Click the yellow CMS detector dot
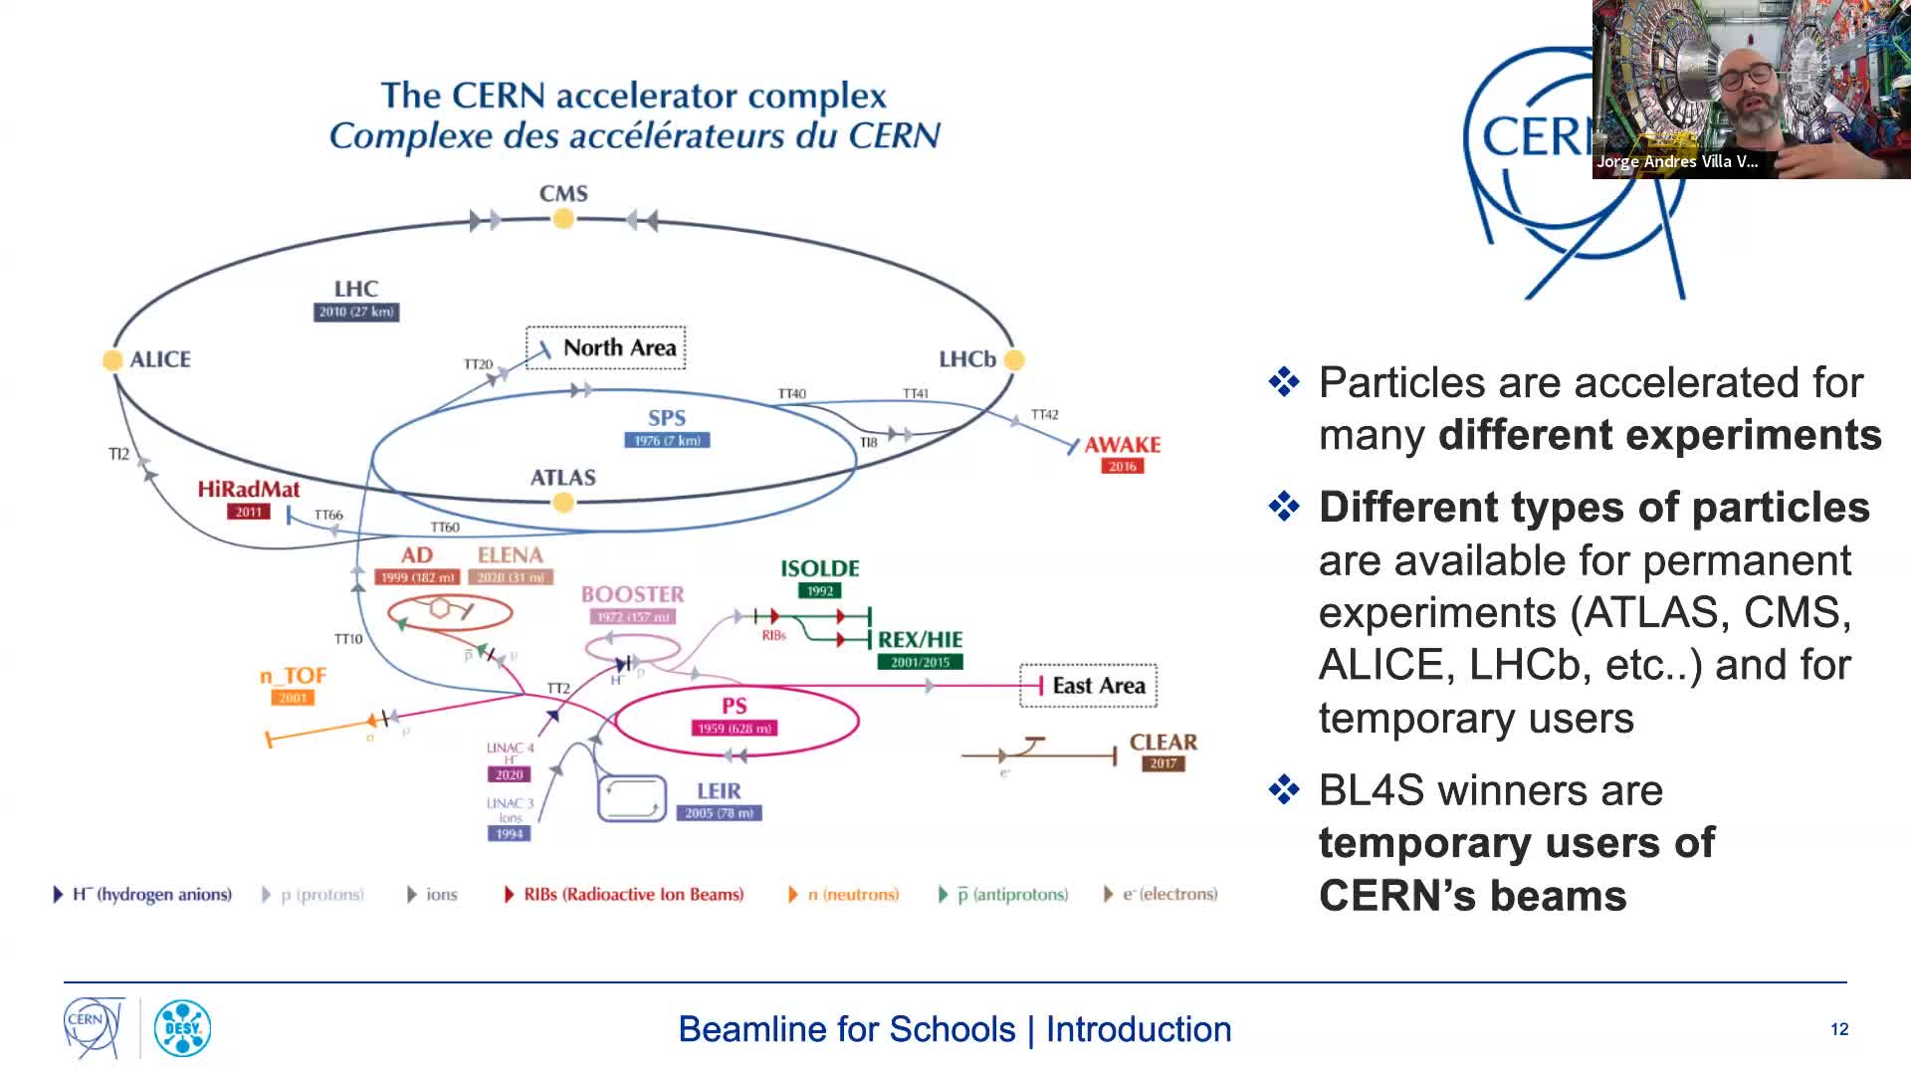tap(563, 219)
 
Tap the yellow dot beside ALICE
tap(112, 360)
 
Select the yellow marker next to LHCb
tap(1014, 359)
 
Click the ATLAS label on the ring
tap(562, 478)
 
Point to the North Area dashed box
tap(606, 347)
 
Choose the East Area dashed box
tap(1088, 686)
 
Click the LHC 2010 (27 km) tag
tap(356, 312)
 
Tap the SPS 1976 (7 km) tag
tap(667, 440)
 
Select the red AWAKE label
tap(1122, 445)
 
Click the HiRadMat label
tap(248, 489)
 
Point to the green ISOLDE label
tap(819, 568)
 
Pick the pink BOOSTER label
tap(632, 594)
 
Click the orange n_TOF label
tap(294, 676)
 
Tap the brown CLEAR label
tap(1163, 743)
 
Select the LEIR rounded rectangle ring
tap(631, 798)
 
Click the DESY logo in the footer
tap(182, 1028)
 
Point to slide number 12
tap(1838, 1029)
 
